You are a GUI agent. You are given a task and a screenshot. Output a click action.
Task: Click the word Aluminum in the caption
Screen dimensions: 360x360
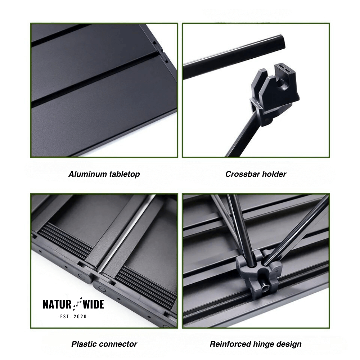88,174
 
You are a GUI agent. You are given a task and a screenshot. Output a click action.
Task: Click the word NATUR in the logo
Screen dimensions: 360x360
57,304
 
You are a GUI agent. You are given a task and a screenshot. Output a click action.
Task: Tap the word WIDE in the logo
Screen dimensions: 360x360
94,304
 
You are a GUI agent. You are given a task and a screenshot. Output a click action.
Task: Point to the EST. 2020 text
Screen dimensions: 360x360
73,316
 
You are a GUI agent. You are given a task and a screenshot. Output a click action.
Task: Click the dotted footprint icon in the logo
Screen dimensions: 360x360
77,304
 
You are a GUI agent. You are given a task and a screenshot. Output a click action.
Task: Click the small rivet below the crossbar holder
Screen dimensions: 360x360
266,120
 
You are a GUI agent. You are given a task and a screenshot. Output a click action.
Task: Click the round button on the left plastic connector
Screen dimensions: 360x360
81,276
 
